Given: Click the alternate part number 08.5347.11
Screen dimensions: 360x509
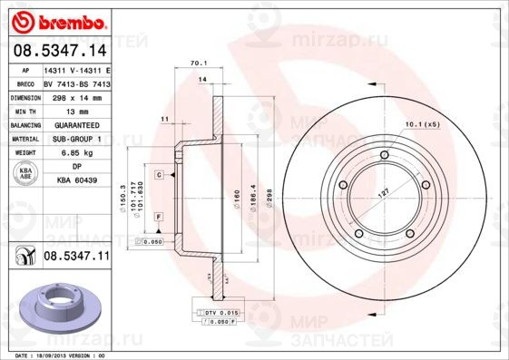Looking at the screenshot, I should pos(76,258).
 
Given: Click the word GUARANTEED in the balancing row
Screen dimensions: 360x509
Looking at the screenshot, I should pos(77,124).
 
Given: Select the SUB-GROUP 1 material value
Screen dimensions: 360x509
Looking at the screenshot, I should pos(77,139).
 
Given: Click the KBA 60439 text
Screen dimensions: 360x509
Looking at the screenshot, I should pos(77,181).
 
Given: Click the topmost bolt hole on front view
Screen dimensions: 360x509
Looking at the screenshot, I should pos(385,158).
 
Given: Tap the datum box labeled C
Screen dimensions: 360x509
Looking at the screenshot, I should pos(158,173).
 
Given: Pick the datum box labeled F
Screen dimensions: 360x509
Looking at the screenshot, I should pos(158,218).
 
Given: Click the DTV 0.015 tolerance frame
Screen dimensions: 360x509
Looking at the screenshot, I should pos(217,312).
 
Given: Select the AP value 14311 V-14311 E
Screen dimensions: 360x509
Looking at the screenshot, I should pos(77,69).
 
